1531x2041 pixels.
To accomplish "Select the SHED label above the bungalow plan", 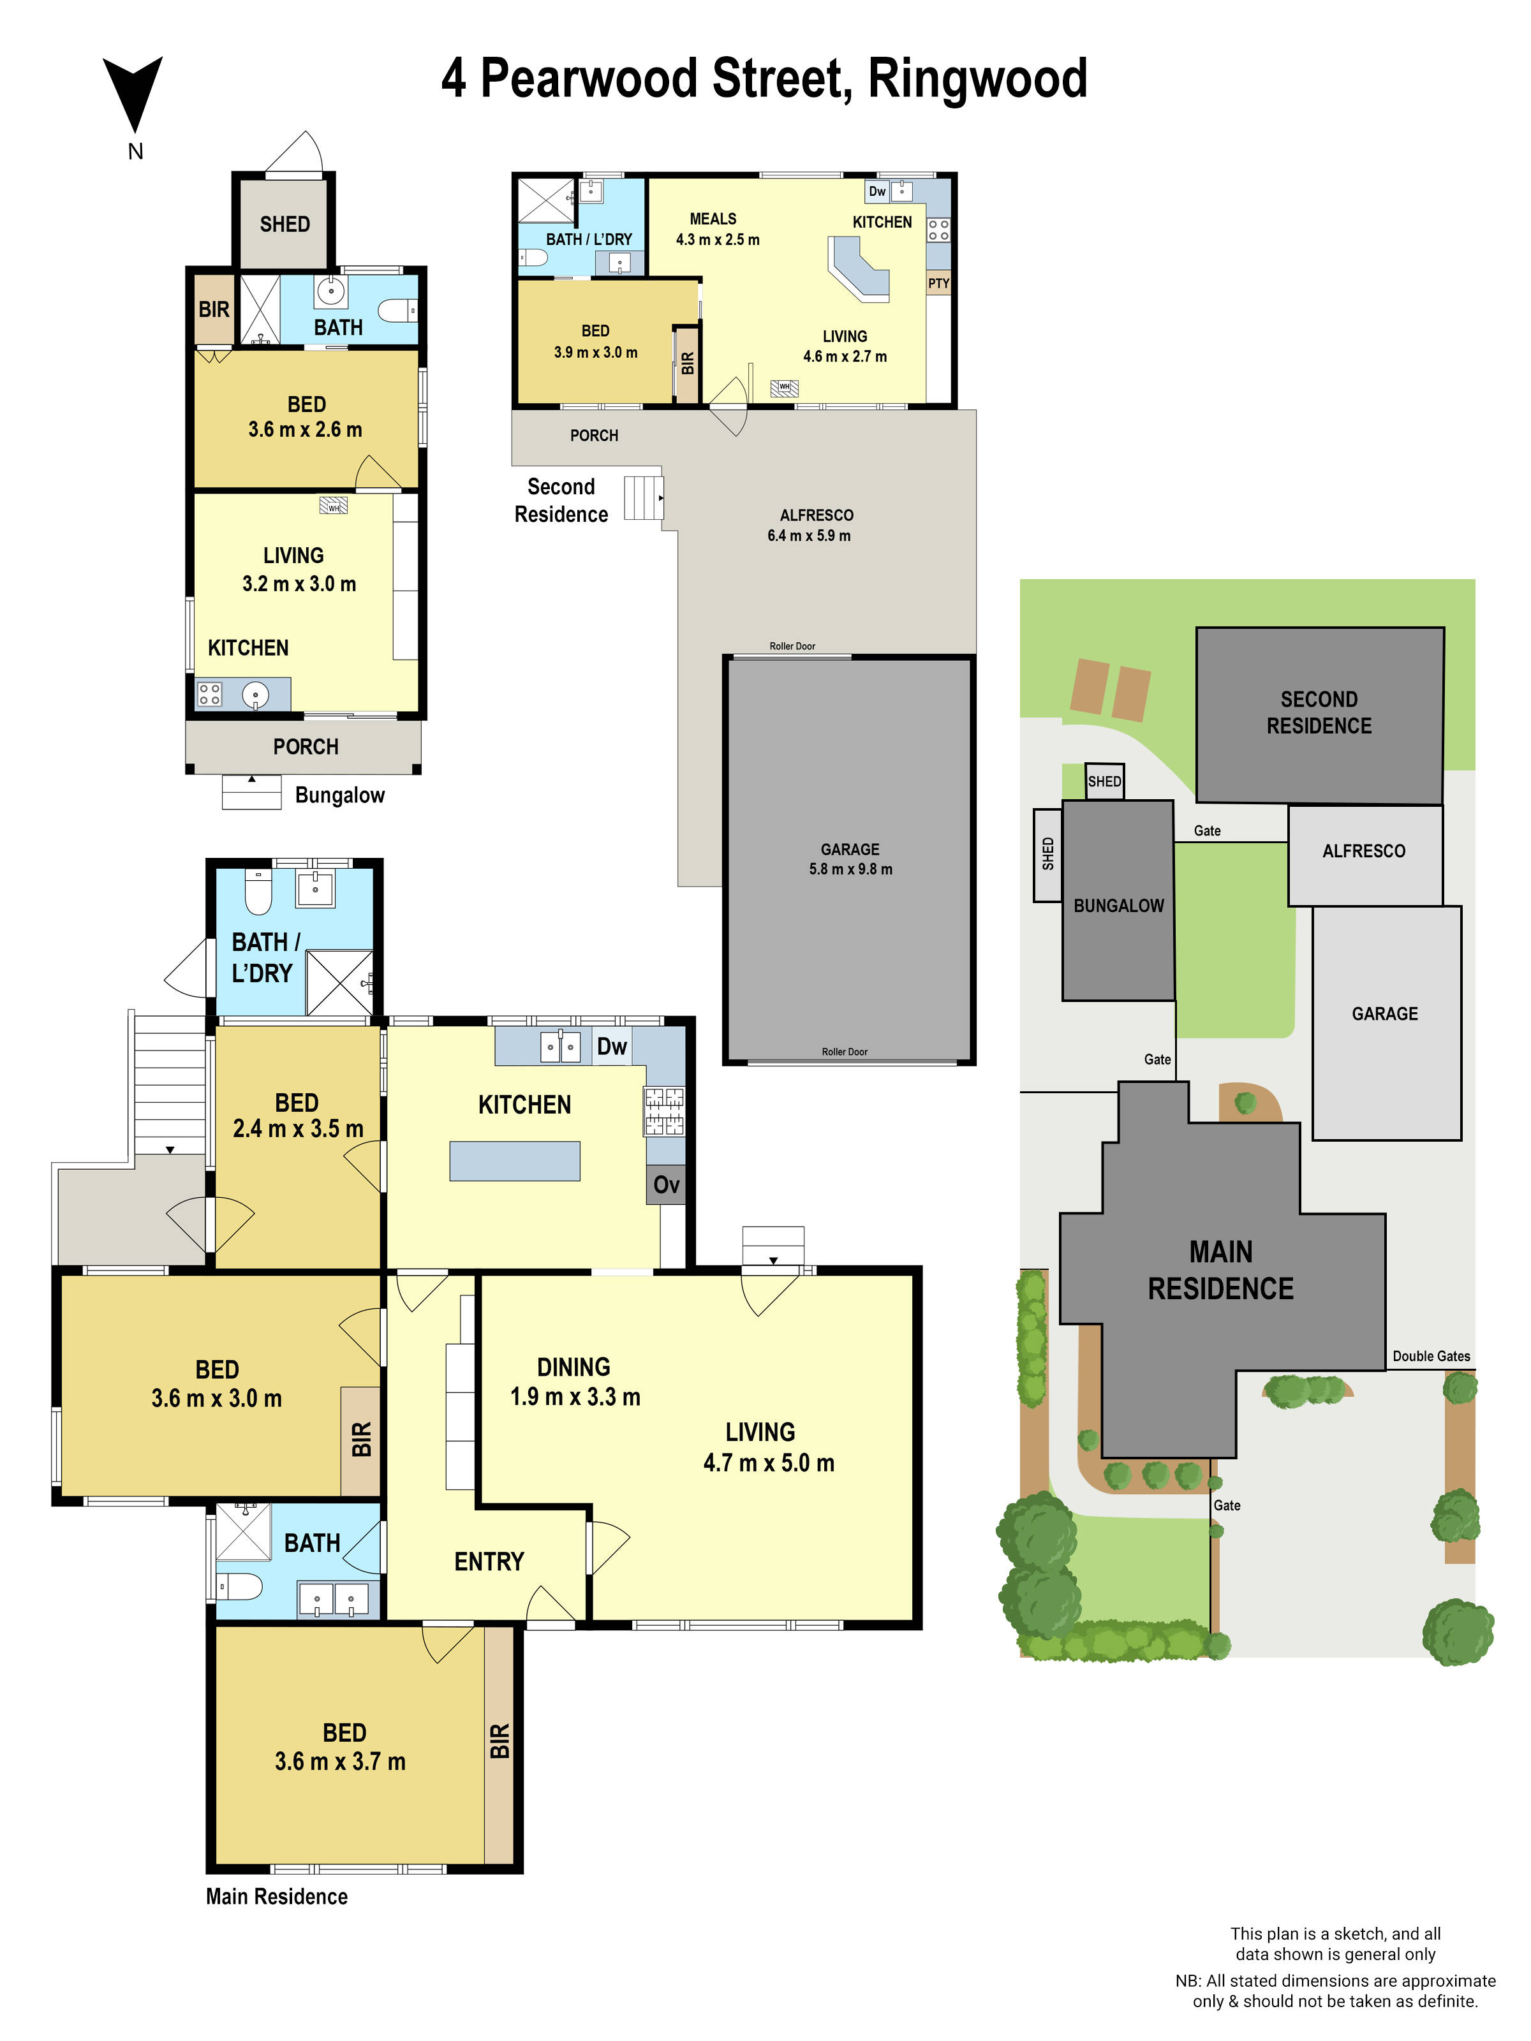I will (x=285, y=225).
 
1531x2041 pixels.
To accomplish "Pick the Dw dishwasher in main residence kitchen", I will (x=611, y=1047).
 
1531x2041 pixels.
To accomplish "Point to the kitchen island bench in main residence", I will (x=514, y=1161).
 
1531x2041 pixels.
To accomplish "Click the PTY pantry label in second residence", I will (x=938, y=283).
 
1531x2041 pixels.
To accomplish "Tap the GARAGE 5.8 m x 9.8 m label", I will (x=850, y=858).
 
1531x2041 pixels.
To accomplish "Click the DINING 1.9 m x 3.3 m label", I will (x=574, y=1382).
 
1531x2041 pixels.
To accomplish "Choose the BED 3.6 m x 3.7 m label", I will (x=341, y=1747).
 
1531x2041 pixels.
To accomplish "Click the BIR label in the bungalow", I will (x=213, y=309).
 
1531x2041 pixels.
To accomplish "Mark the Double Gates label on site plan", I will (x=1430, y=1355).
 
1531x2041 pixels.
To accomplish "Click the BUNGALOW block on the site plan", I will (x=1118, y=904).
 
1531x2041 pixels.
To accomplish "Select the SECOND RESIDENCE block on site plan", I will (x=1318, y=712).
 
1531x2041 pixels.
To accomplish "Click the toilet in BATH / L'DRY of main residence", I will (x=258, y=891).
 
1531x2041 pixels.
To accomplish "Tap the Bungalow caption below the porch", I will (x=339, y=795).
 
